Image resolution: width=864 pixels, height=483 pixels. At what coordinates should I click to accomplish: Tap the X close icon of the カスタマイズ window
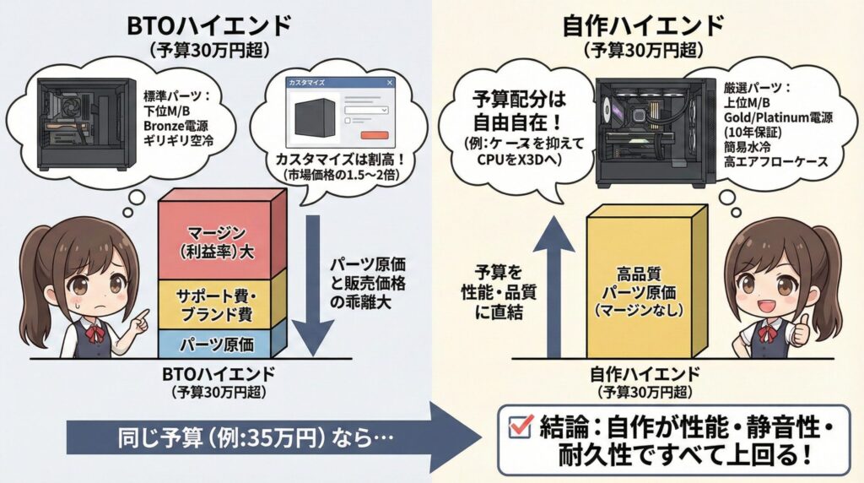click(389, 83)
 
